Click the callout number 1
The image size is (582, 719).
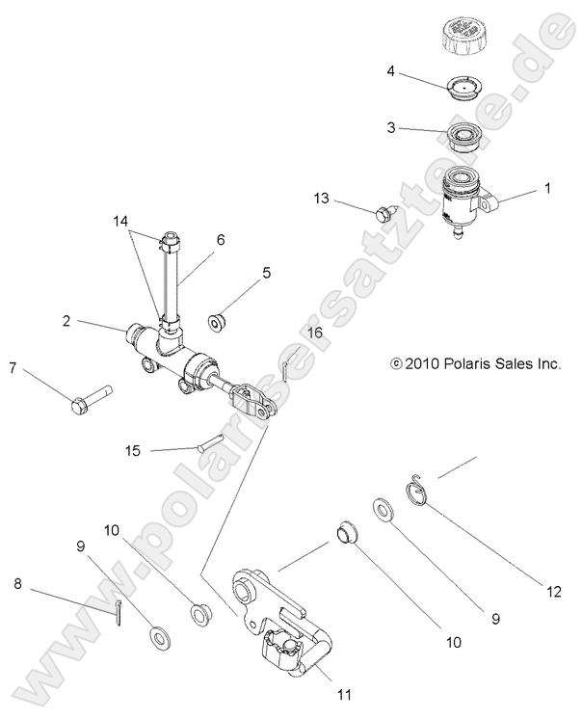pyautogui.click(x=547, y=189)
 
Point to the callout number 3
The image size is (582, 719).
pyautogui.click(x=391, y=126)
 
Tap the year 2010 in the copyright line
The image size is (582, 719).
pyautogui.click(x=421, y=364)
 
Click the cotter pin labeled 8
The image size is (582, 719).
pyautogui.click(x=117, y=609)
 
